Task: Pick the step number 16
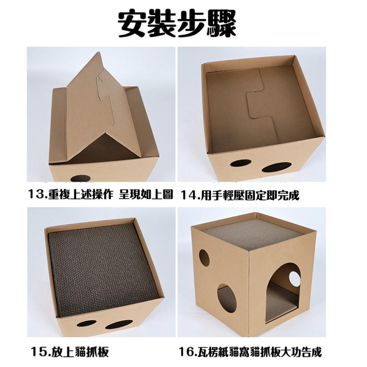[188, 353]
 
